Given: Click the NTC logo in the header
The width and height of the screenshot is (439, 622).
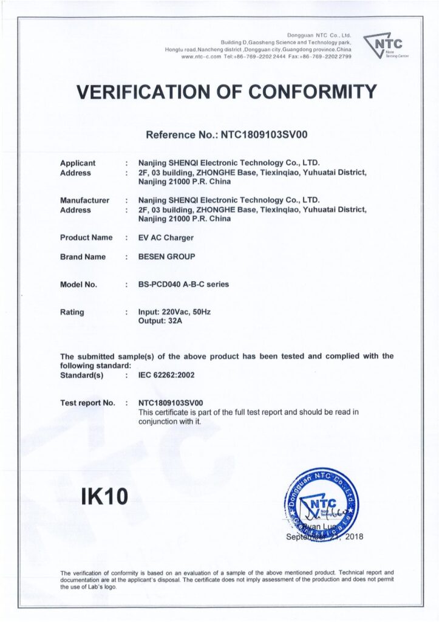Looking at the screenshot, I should (x=386, y=46).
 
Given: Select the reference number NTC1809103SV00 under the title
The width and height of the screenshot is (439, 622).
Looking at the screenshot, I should (x=265, y=135).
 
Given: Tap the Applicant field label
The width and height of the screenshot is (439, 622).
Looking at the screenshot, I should (x=78, y=163).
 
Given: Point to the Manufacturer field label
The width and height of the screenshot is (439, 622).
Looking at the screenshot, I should (x=84, y=200).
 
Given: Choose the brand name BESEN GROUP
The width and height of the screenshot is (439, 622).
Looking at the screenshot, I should (x=167, y=257).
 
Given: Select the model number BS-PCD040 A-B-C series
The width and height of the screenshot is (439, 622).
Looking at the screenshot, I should (x=184, y=284).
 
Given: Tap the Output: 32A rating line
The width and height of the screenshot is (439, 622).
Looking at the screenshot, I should (x=156, y=321).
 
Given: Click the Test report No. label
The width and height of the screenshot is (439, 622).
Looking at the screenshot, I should (x=87, y=403).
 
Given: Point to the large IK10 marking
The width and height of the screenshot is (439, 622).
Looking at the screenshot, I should (x=104, y=497).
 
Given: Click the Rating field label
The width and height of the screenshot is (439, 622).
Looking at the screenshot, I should (x=72, y=312).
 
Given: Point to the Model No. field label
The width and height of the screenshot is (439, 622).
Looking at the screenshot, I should (x=79, y=284).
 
